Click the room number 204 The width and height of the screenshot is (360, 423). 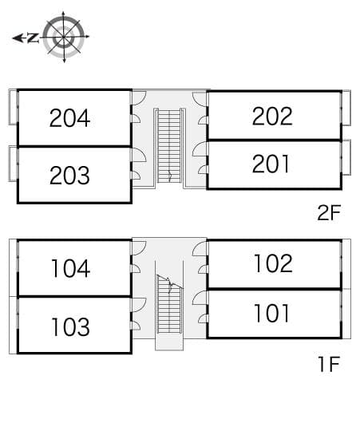(69, 118)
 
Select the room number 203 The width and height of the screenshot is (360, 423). (69, 176)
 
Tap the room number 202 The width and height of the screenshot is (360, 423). (272, 116)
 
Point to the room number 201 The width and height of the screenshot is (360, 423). (271, 164)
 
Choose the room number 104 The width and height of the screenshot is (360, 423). (71, 268)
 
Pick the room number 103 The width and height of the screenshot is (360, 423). (70, 326)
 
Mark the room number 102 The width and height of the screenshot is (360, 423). (273, 263)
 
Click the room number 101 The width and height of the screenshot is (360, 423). (271, 313)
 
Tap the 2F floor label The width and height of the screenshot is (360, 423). (329, 212)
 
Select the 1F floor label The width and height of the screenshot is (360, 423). (329, 364)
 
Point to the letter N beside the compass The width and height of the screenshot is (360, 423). (34, 38)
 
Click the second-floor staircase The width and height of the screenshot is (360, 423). (169, 146)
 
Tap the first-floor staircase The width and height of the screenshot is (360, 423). (169, 304)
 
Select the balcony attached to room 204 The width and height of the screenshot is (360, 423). (13, 107)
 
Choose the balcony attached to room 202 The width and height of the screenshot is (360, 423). (346, 108)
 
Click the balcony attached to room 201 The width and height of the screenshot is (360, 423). (346, 157)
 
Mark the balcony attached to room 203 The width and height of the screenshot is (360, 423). (13, 164)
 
